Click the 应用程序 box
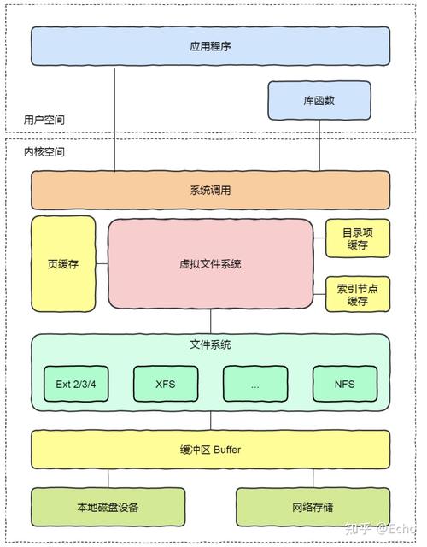tap(210, 46)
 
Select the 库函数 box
tap(319, 101)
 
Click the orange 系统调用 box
tap(210, 190)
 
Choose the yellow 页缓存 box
tap(63, 264)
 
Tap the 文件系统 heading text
tap(210, 345)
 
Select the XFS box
tap(166, 384)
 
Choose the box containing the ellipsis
tap(254, 384)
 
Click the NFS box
tap(344, 384)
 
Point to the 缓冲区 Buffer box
tap(210, 450)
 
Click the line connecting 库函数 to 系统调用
tap(319, 145)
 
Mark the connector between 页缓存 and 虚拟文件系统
tap(102, 264)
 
